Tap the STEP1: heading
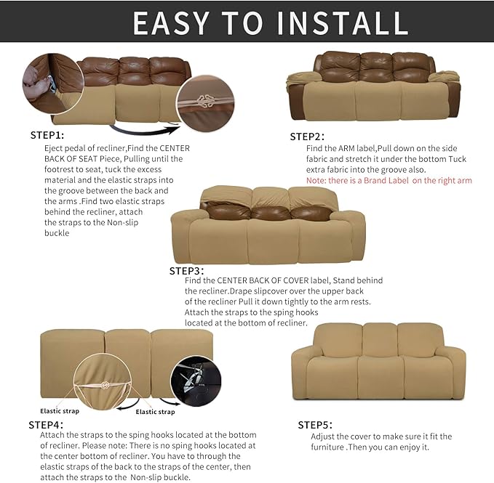[x=47, y=135]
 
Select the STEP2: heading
[x=307, y=137]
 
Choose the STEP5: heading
[x=315, y=424]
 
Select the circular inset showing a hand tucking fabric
[x=47, y=81]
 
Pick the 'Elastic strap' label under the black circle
[x=155, y=412]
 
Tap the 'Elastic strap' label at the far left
[x=60, y=410]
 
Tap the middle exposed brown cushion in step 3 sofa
[x=269, y=212]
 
